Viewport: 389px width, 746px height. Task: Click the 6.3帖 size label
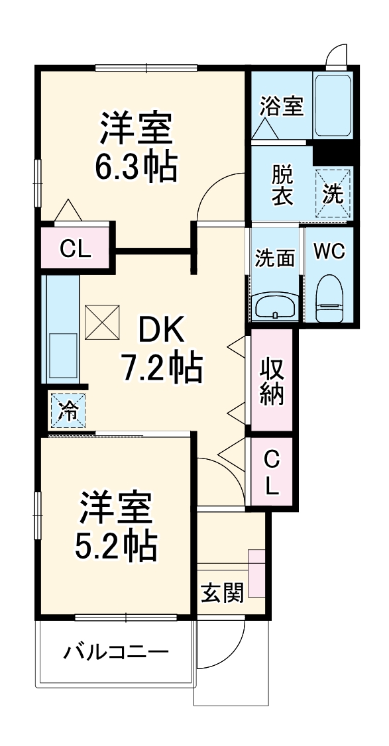(x=137, y=168)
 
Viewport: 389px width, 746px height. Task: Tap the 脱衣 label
(x=282, y=186)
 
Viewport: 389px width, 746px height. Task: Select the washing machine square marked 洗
(x=332, y=192)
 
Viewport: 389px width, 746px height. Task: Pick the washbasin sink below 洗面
(x=275, y=307)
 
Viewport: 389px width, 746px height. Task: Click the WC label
(x=329, y=252)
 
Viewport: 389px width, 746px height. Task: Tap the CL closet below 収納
(x=271, y=472)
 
